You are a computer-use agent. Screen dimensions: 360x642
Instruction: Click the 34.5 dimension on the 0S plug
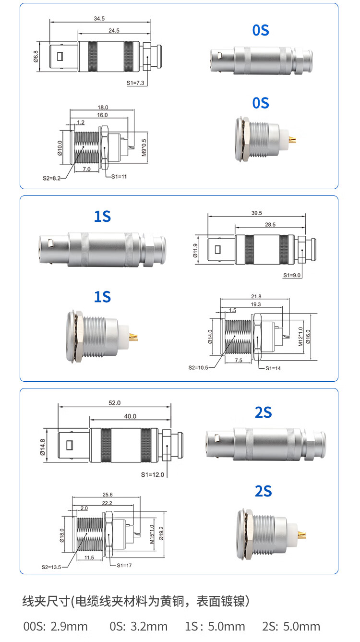tap(99, 19)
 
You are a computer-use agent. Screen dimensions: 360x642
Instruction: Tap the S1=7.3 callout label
tap(135, 83)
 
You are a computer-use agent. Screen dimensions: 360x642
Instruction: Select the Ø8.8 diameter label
tap(36, 57)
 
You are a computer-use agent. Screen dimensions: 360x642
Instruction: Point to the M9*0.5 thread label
tap(144, 147)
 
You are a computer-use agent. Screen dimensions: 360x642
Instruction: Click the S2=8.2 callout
tap(51, 178)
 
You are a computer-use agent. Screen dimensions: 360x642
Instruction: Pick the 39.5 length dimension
tap(257, 213)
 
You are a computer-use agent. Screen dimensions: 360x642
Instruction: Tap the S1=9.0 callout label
tap(292, 275)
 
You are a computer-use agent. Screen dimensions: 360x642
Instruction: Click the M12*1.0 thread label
tap(300, 337)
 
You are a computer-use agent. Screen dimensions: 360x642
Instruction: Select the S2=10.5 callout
tap(198, 367)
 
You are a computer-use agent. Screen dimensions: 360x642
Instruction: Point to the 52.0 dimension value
tap(115, 403)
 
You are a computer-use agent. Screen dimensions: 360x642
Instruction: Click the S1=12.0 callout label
tap(152, 474)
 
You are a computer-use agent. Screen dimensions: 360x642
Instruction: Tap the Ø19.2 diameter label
tap(161, 533)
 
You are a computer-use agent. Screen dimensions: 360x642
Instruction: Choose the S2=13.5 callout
tap(51, 567)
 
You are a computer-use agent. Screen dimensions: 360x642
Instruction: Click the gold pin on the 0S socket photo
tap(293, 140)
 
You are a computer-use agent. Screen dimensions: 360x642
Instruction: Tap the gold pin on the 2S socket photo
tap(302, 534)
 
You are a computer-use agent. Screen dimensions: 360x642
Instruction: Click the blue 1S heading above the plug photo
tap(102, 217)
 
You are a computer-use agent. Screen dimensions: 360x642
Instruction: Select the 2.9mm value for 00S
tap(69, 626)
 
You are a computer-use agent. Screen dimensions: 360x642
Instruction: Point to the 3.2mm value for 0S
tap(149, 626)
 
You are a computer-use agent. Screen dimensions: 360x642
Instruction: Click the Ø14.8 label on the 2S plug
tap(43, 447)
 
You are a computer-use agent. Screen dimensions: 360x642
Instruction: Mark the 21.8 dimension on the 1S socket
tap(256, 296)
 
